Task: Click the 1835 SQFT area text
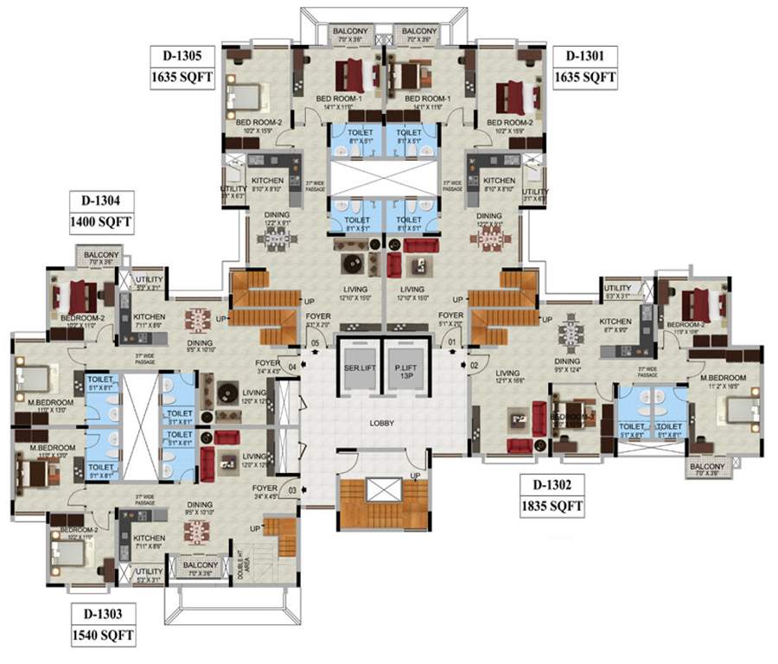(552, 505)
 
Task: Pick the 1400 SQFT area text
(100, 221)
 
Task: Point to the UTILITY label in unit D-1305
(229, 191)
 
